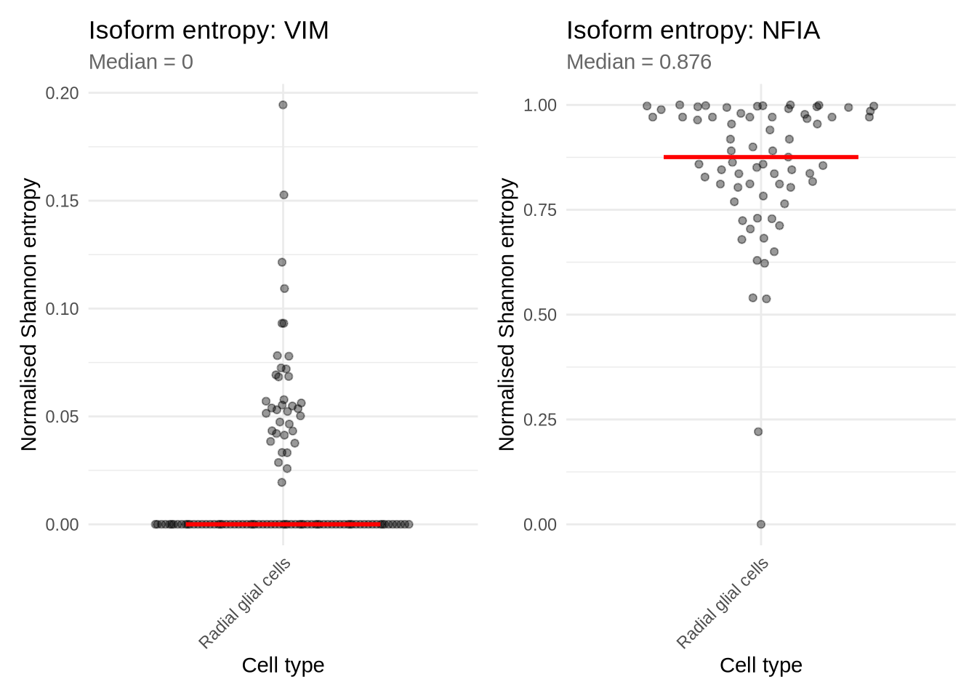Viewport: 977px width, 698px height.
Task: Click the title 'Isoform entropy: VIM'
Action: coord(209,31)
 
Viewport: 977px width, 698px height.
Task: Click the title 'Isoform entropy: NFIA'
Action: coord(693,31)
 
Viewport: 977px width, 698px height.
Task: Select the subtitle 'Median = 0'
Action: coord(141,62)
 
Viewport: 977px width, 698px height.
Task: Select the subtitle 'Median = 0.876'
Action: coord(638,62)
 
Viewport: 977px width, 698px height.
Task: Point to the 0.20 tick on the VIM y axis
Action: coord(62,93)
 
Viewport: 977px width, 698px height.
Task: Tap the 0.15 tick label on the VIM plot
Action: coord(62,201)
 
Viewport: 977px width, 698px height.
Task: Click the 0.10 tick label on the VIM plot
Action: coord(62,309)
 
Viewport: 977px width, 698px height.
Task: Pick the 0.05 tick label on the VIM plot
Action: coord(62,417)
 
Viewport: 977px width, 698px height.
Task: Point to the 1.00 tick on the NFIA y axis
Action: coord(540,105)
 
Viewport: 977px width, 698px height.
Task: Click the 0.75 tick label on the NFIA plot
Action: coord(540,210)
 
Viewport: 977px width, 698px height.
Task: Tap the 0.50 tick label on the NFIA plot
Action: coord(540,315)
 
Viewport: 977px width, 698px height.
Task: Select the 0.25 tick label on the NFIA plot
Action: coord(540,420)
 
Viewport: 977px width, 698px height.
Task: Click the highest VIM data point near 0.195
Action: coord(283,105)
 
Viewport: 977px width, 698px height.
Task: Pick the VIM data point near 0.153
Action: coord(284,195)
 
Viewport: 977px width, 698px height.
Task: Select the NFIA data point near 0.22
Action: coord(758,432)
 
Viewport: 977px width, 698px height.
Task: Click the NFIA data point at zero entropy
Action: coord(761,524)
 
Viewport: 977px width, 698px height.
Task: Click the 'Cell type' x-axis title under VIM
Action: coord(283,665)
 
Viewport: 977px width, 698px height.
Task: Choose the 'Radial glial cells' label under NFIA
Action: coord(723,603)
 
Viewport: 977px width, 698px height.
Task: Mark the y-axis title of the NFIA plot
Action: coord(507,314)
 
